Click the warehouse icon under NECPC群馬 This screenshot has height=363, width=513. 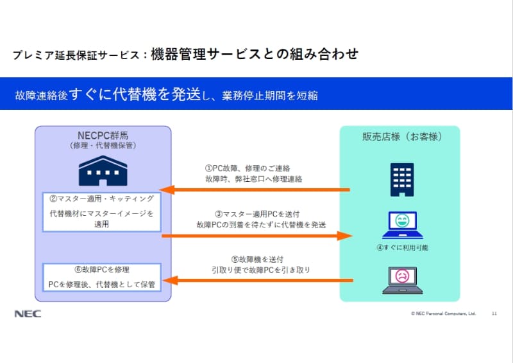pyautogui.click(x=103, y=170)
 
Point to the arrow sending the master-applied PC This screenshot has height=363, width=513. pyautogui.click(x=256, y=236)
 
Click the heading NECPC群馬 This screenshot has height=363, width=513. pyautogui.click(x=103, y=136)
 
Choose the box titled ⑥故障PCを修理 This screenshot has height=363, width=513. pyautogui.click(x=102, y=278)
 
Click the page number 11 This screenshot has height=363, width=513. pyautogui.click(x=494, y=314)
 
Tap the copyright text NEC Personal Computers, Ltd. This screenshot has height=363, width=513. pyautogui.click(x=443, y=314)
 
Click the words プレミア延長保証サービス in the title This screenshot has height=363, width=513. pyautogui.click(x=76, y=55)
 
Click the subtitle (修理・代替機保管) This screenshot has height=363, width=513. pyautogui.click(x=103, y=146)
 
